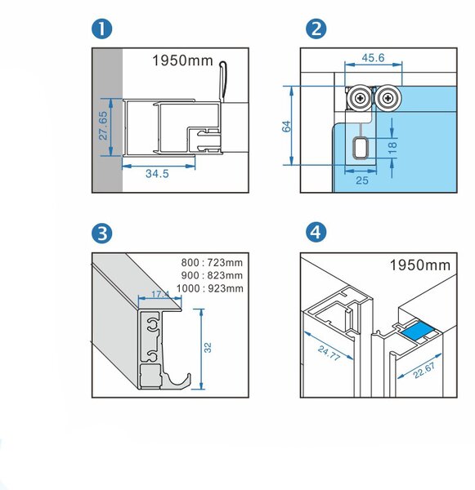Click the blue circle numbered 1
pos(101,29)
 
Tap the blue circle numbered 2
pos(316,29)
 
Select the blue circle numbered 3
pos(101,233)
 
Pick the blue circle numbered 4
pos(316,233)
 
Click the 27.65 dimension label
pos(103,126)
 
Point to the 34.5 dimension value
pos(157,173)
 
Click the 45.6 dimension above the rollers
pos(373,58)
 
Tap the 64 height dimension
pos(286,127)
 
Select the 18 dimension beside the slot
pos(392,148)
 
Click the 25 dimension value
pos(362,180)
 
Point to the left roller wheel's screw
pos(361,99)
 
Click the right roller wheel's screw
pos(388,99)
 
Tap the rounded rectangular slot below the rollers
pos(360,148)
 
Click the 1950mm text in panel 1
pos(183,60)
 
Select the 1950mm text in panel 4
pos(420,265)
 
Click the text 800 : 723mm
pos(212,262)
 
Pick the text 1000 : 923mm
pos(209,288)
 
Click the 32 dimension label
pos(208,348)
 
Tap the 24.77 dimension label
pos(328,353)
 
